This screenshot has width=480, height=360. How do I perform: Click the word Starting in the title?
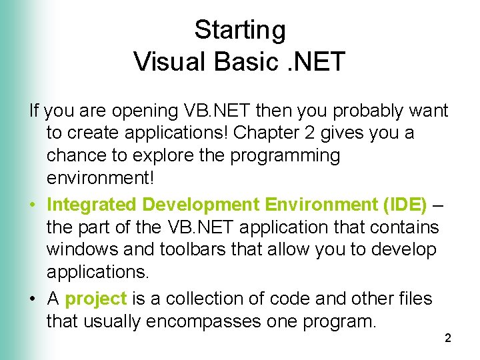coord(239,30)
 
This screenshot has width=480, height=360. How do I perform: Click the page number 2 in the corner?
coord(447,339)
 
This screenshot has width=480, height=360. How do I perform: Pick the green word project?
coord(96,299)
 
